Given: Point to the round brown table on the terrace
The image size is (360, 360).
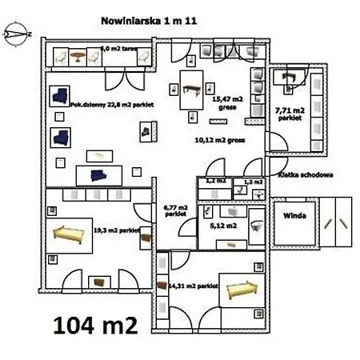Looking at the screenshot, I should pos(78,55).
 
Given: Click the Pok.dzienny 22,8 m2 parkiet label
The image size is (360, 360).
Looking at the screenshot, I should pos(111,103).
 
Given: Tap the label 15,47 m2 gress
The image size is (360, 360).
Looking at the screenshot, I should pos(224,102).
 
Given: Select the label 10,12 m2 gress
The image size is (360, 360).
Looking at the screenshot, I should pos(218,138).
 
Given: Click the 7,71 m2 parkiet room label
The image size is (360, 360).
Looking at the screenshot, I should pos(289,113).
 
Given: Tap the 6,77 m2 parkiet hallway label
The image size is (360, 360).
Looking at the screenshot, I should pos(176,211).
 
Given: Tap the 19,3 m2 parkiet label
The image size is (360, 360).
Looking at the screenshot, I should pos(117,230).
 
